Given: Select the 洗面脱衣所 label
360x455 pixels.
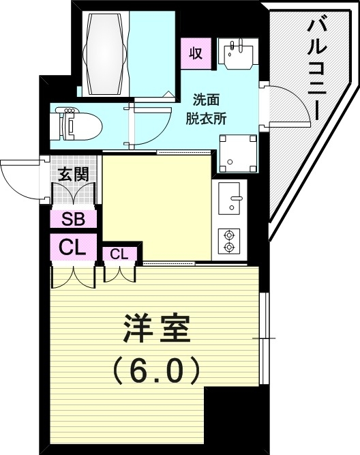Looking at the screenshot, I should (206, 108).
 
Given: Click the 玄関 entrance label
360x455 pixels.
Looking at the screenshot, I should (72, 173).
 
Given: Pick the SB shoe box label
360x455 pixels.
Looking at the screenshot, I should (72, 220).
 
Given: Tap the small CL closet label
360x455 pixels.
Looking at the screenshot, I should (119, 254).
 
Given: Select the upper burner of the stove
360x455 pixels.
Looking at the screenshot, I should (230, 234).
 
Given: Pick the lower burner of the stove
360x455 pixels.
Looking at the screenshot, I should (230, 248).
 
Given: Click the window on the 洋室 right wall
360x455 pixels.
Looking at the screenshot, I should (265, 338).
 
